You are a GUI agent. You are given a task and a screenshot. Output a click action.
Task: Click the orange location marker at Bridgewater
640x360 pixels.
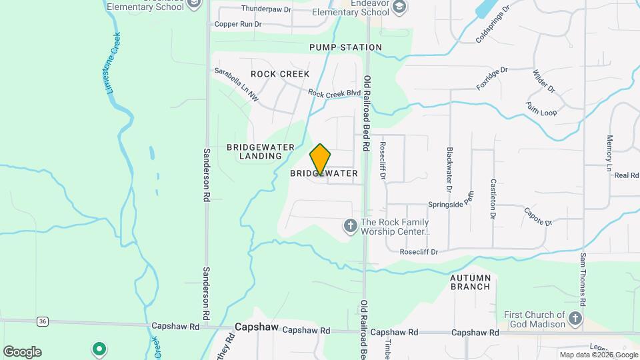coord(320,159)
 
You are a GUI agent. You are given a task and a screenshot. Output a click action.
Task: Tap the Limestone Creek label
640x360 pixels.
coord(115,63)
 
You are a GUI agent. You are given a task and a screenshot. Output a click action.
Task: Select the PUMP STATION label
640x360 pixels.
coord(345,47)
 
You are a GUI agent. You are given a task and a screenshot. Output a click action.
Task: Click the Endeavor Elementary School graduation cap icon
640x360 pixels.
coord(399,7)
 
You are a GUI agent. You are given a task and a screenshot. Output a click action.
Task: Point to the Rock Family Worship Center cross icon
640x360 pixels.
coord(350,227)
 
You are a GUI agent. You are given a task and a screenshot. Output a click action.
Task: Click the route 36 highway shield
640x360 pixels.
coord(43,321)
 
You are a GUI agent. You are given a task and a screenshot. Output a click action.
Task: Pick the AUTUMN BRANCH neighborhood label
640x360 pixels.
coord(479,282)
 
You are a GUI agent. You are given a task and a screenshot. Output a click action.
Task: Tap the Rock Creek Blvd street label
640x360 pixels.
coord(335,94)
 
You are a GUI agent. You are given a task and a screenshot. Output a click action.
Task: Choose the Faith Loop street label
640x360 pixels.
coord(541,109)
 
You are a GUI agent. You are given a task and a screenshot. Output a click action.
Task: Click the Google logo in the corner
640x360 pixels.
coord(22,351)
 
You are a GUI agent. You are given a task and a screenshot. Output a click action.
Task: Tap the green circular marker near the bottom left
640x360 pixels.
coord(99,348)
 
